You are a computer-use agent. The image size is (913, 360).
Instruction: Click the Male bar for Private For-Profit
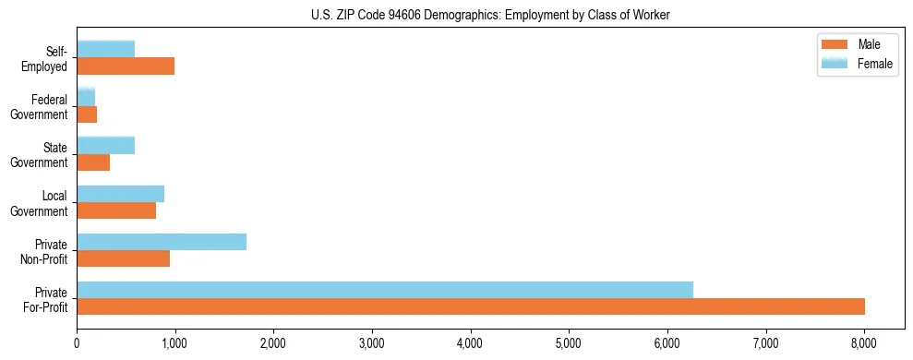471,306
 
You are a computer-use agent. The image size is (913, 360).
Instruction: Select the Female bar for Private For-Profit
385,290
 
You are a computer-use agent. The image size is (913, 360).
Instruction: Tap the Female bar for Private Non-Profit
162,242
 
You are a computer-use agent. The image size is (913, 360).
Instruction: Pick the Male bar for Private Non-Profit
124,258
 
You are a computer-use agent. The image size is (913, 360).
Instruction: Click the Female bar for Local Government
121,194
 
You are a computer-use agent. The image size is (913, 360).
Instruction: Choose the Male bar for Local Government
116,210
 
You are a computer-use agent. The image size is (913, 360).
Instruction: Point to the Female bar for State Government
106,146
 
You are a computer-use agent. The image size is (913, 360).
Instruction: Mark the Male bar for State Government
93,162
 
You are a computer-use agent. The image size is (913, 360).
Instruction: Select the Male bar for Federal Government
87,114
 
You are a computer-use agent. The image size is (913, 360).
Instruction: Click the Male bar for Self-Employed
126,66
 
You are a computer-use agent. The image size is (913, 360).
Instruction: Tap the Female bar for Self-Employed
106,49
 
